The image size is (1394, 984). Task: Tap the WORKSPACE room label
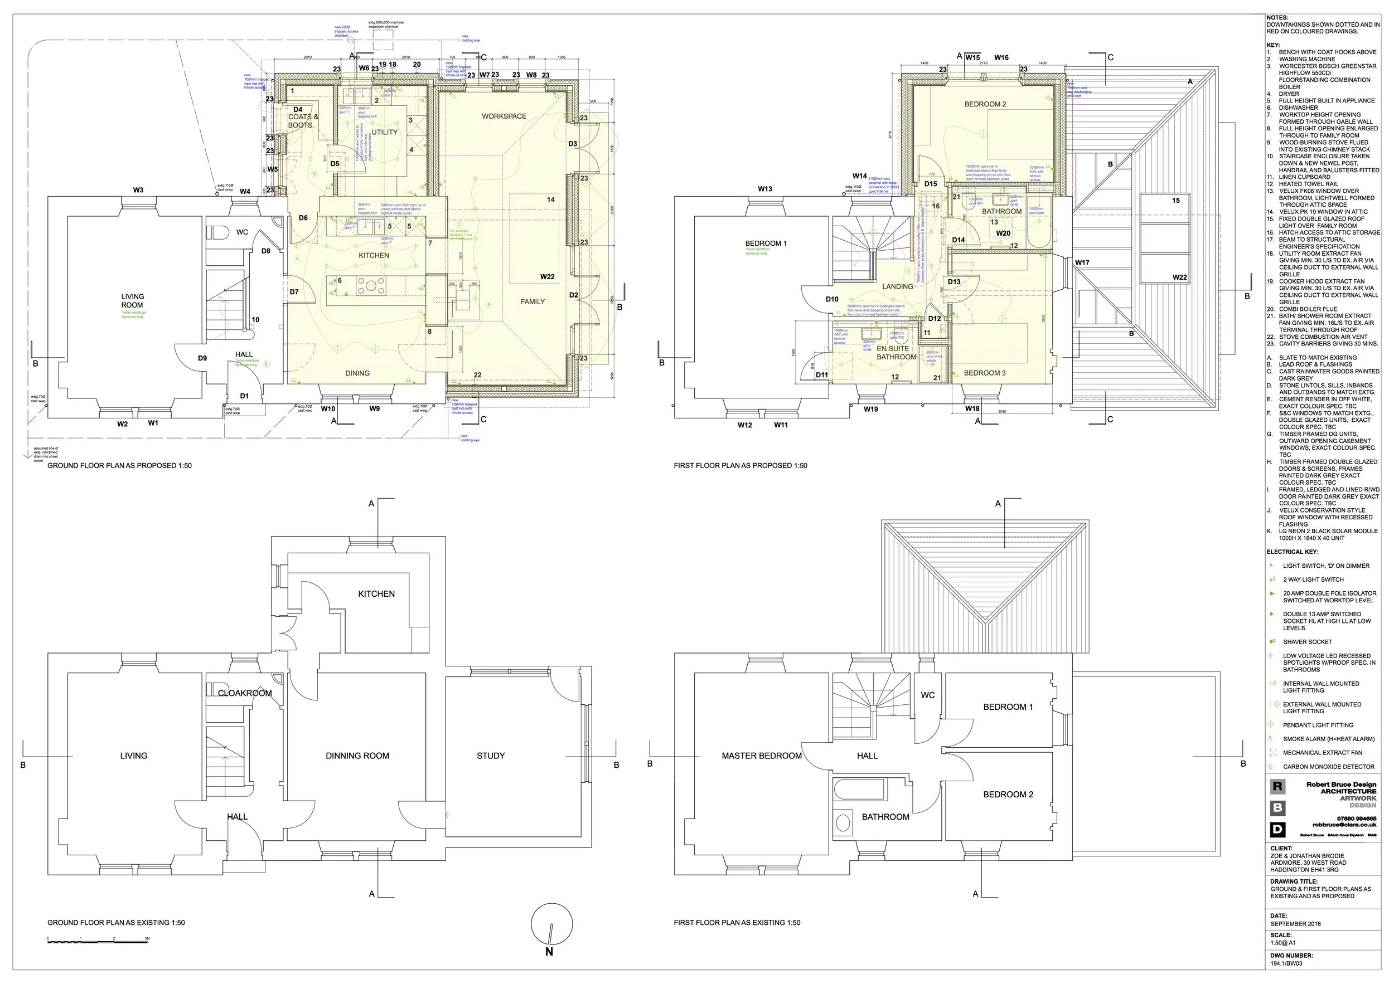tap(504, 116)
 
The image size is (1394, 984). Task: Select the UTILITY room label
tap(384, 132)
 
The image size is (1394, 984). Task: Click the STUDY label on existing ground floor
tap(491, 756)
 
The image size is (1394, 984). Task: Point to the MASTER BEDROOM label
tap(761, 756)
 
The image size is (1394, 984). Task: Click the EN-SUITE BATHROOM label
tap(896, 353)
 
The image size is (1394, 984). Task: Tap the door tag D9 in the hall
tap(202, 358)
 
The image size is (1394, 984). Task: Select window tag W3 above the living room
tap(138, 190)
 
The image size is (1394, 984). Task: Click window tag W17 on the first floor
tap(1082, 262)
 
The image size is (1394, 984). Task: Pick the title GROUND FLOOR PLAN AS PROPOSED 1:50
tap(120, 466)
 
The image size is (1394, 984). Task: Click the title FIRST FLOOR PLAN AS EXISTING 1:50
tap(737, 923)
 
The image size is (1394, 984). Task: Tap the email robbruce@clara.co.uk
tap(1344, 825)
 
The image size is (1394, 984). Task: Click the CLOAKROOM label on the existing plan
tap(245, 693)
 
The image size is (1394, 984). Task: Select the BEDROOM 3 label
tap(985, 373)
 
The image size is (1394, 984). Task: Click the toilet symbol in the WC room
tap(217, 232)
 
